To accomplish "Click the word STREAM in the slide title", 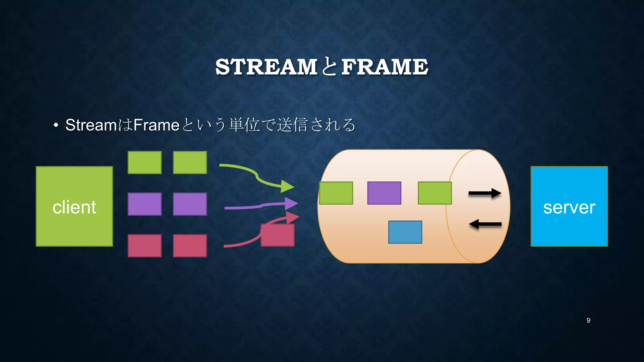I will tap(266, 67).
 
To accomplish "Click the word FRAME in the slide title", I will tap(385, 67).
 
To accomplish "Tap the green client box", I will tap(74, 206).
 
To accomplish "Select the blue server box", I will tap(569, 206).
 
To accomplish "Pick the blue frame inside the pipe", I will tap(405, 232).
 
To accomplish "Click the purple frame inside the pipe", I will tap(384, 193).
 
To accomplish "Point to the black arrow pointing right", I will tap(485, 193).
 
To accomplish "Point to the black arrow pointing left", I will tap(485, 224).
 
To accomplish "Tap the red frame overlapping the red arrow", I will tap(278, 235).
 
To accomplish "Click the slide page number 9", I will tap(588, 320).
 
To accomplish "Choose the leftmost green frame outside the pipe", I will tap(145, 162).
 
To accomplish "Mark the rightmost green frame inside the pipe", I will tap(435, 193).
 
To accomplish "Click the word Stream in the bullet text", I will tap(91, 125).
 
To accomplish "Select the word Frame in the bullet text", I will tap(156, 125).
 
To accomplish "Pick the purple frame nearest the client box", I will tap(145, 204).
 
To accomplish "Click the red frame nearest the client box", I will tap(145, 246).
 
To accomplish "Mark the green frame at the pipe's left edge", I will tap(336, 193).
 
